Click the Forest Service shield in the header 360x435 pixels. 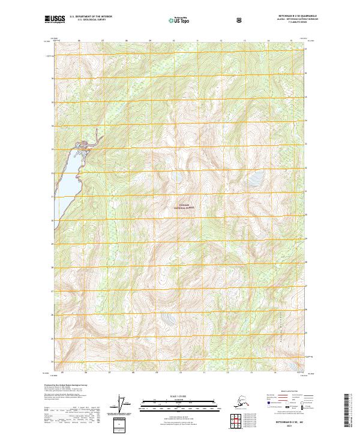pyautogui.click(x=241, y=20)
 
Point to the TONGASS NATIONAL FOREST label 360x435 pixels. pyautogui.click(x=185, y=206)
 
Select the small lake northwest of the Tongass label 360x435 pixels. pyautogui.click(x=178, y=178)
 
